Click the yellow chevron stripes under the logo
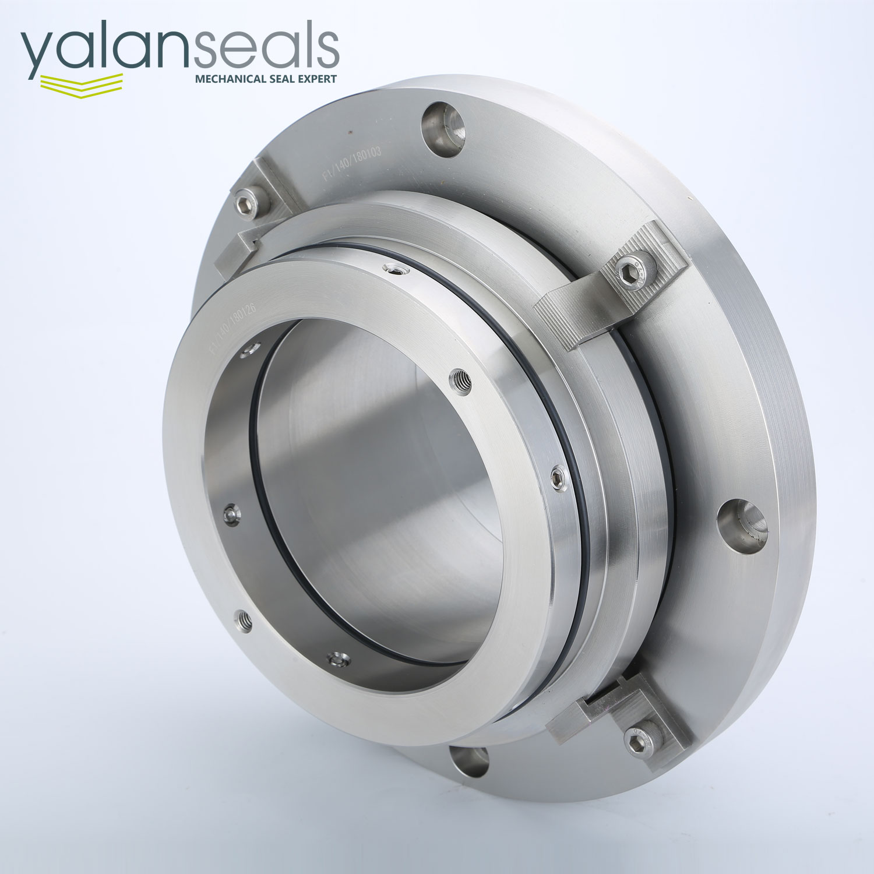tap(82, 83)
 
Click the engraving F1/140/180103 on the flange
tap(352, 165)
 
